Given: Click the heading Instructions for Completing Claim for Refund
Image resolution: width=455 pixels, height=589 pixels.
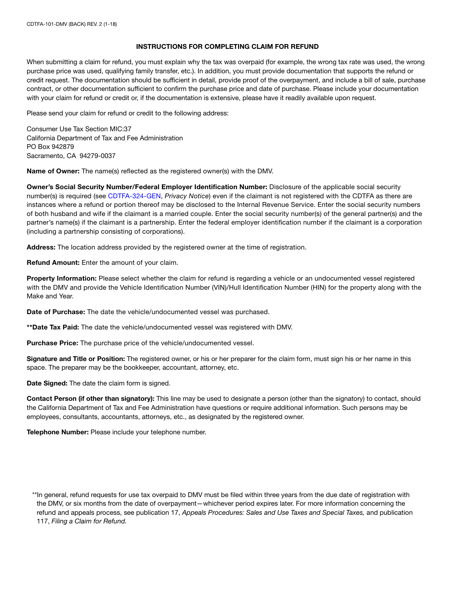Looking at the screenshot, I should pos(227,46).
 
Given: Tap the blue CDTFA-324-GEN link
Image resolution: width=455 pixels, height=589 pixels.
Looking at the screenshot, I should pos(134,196).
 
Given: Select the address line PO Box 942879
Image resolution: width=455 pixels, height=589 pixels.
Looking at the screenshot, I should pos(50,147).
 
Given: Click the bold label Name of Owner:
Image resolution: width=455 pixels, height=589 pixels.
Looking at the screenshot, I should pos(53,171).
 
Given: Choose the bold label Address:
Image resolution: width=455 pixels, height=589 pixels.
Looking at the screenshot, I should pos(41,247).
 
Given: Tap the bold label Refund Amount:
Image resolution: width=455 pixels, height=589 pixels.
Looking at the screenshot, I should pos(53,262).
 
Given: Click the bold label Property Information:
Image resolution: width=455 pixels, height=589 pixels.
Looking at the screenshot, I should pos(62,278).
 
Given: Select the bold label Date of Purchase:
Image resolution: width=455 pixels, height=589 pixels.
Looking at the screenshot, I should pos(56,312).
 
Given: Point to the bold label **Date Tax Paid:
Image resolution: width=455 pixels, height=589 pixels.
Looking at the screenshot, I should pos(53,327).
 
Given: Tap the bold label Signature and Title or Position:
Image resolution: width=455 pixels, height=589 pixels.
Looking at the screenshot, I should pos(76,359).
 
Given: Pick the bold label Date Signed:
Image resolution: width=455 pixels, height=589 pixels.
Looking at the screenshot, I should pos(47,383).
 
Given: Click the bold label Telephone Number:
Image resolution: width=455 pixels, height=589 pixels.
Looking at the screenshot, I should pos(57,432).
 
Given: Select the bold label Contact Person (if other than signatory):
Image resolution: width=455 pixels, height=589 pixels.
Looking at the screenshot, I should pos(91,398).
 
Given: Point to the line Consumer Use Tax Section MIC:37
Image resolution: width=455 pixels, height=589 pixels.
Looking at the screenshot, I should pos(79,129).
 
